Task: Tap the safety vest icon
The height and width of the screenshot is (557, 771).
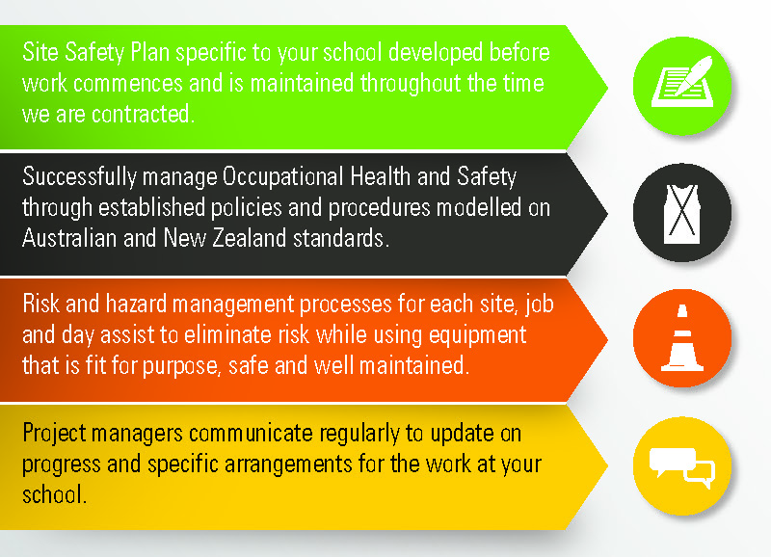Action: [x=681, y=214]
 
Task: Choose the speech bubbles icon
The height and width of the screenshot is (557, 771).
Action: [x=682, y=467]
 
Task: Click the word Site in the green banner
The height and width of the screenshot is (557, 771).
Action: [x=40, y=52]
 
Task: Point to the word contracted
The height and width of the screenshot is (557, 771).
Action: [x=143, y=114]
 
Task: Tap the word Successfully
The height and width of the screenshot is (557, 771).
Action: [x=79, y=177]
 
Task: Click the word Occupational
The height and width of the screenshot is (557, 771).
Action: [x=283, y=177]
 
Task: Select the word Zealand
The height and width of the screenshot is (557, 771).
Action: [x=250, y=238]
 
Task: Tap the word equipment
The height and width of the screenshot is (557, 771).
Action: [x=477, y=335]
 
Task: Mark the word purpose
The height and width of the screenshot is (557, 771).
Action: [x=179, y=367]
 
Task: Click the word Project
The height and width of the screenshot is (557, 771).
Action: [x=54, y=434]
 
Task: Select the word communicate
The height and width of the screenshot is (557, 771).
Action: [x=251, y=433]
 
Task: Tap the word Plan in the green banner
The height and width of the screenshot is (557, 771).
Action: [x=150, y=52]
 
